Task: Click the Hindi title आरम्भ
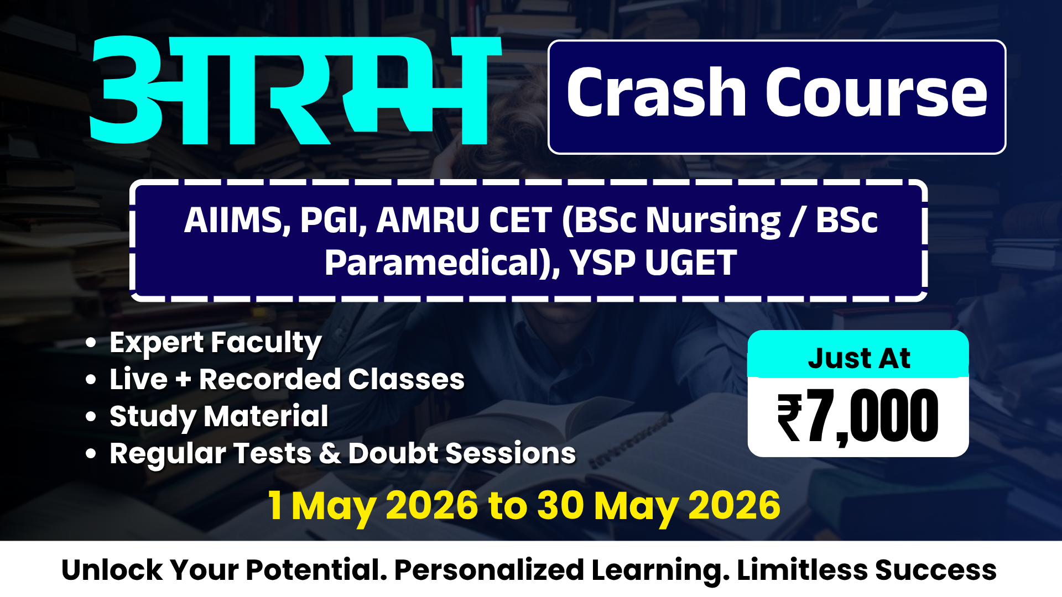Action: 293,91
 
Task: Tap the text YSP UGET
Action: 653,263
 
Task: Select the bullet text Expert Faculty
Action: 216,343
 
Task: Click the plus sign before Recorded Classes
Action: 183,380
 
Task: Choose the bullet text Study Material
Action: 219,416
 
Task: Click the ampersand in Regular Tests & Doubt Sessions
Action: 330,453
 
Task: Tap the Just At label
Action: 858,358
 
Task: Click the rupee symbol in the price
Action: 789,417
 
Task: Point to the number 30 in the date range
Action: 560,505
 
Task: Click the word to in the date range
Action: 507,506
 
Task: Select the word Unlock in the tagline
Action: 112,570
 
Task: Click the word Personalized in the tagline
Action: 489,570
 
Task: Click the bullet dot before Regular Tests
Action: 91,453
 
